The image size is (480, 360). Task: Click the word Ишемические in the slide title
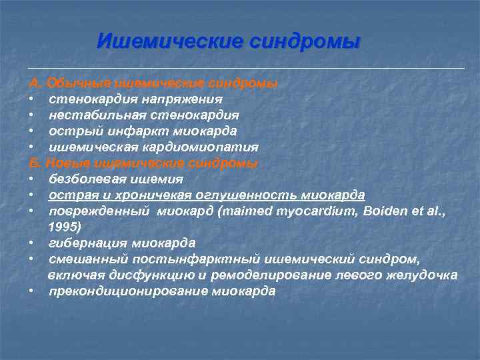click(169, 41)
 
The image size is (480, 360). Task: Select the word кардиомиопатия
click(200, 147)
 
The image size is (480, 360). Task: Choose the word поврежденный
click(95, 211)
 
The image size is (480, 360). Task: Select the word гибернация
click(85, 242)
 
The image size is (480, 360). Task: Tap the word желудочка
click(423, 275)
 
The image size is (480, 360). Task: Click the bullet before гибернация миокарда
click(32, 242)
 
